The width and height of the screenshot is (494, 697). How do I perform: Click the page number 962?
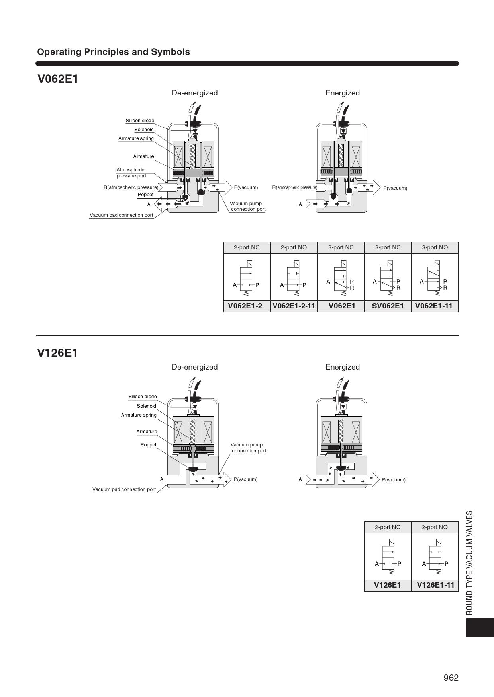point(451,678)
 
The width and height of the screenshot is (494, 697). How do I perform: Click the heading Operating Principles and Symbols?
point(114,52)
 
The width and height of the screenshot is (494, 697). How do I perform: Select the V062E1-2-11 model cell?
point(294,306)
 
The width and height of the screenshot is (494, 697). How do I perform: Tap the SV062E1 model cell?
point(388,306)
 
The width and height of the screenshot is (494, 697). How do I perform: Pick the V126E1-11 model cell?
point(435,585)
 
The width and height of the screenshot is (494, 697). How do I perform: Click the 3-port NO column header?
point(435,247)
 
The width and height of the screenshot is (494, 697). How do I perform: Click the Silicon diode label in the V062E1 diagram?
point(140,121)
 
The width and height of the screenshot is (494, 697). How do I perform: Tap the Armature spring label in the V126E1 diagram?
point(139,415)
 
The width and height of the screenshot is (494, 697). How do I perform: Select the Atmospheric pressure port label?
point(131,173)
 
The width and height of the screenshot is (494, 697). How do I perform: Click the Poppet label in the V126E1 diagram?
point(148,445)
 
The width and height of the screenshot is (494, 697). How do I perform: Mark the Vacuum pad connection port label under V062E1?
point(122,215)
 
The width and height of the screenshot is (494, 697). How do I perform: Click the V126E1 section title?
point(58,353)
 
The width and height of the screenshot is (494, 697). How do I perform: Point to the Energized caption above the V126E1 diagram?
point(342,367)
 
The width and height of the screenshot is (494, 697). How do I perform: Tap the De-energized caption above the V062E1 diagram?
point(194,93)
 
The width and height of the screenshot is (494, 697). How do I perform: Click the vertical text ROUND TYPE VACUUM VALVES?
point(470,563)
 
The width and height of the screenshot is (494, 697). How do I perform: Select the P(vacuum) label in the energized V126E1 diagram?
point(393,480)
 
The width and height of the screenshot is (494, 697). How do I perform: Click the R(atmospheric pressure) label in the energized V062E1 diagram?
point(295,187)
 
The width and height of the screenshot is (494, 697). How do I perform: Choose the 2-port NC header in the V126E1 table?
point(387,527)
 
